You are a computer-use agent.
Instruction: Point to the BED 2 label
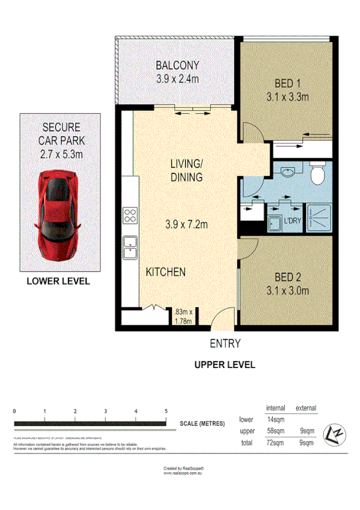287,278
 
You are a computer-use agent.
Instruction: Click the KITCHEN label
165,272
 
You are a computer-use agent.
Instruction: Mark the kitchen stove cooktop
130,215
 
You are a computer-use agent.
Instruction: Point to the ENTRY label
225,344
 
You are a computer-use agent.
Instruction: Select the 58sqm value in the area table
275,431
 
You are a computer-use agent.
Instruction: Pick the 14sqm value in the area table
275,420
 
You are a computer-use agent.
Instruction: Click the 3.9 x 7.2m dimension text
186,224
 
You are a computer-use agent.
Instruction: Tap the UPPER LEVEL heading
224,364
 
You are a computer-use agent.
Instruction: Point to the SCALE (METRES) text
202,423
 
